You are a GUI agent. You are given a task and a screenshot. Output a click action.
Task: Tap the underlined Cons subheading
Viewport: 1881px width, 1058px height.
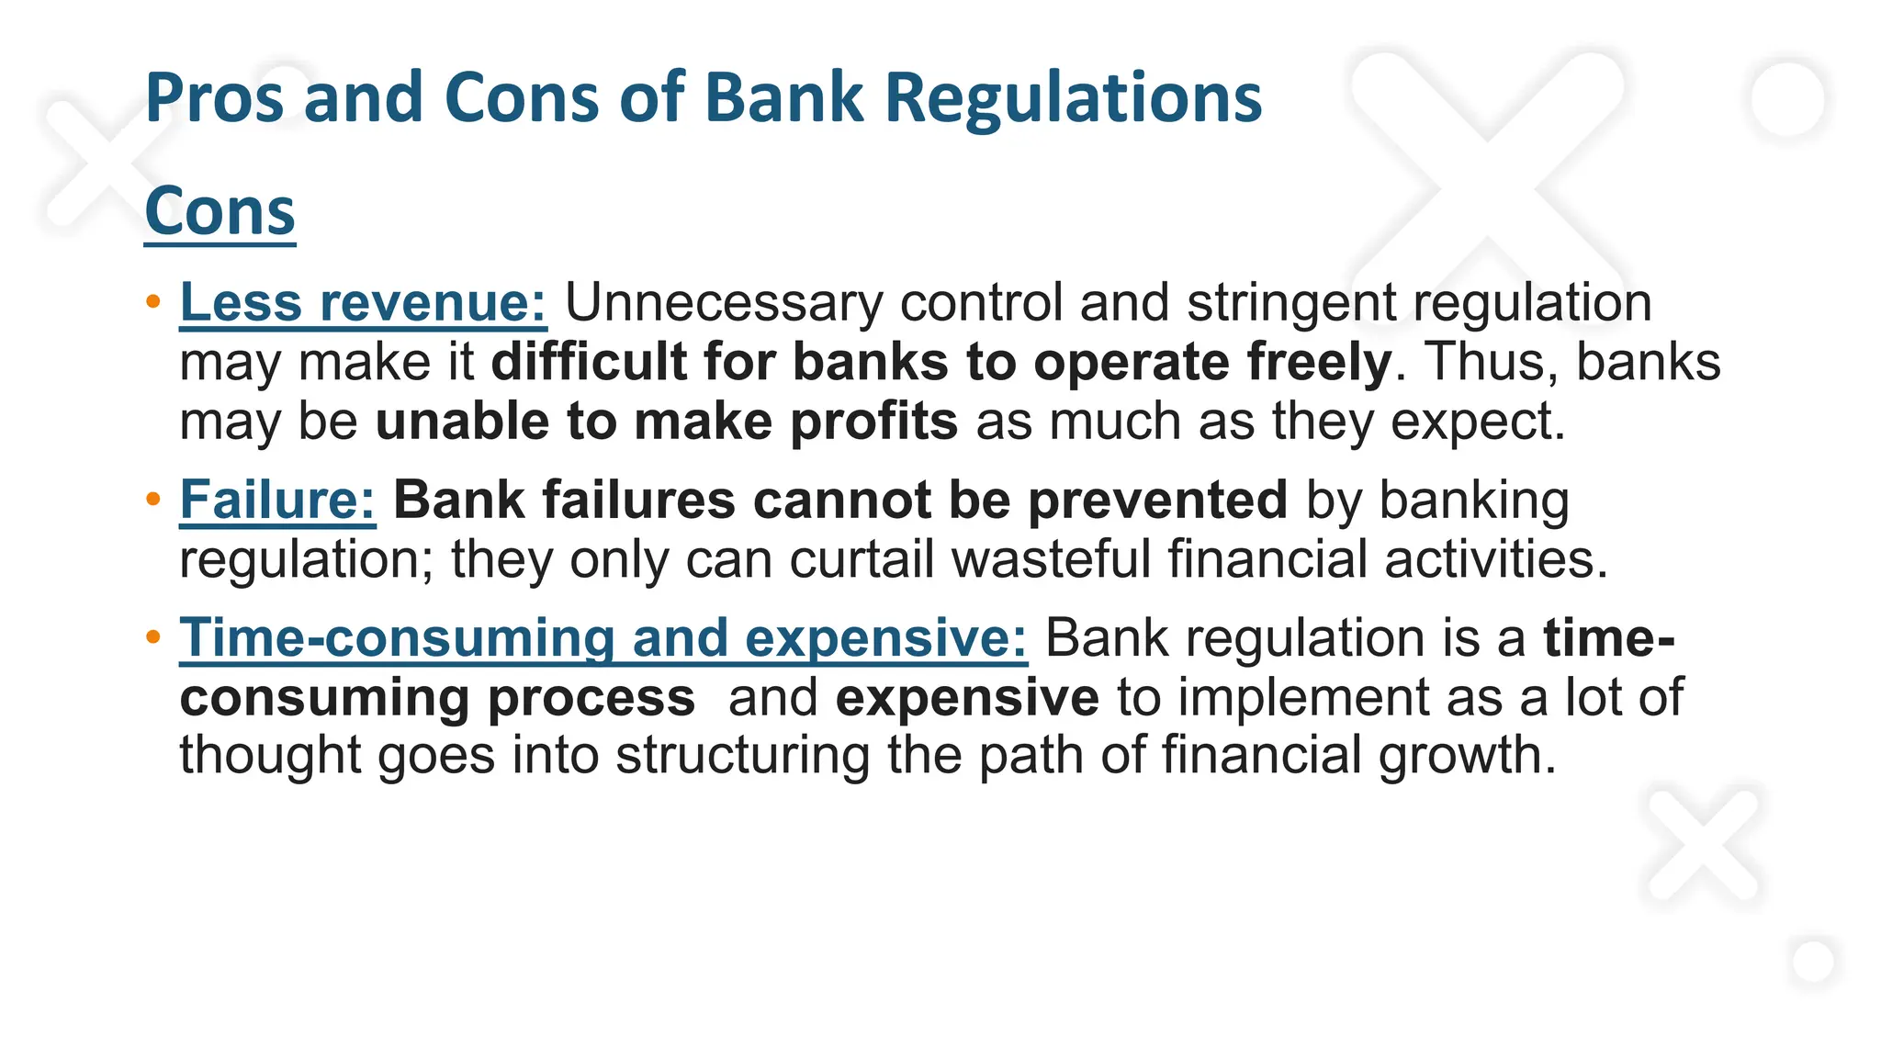pos(220,211)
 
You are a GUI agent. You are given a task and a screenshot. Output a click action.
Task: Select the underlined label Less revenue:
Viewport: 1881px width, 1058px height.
pos(363,302)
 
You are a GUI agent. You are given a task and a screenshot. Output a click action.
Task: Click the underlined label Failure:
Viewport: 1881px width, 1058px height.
pos(277,501)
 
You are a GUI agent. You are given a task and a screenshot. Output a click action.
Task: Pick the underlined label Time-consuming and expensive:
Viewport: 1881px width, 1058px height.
pos(603,637)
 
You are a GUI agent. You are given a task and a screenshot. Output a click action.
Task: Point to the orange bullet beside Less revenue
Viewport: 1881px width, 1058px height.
pos(153,301)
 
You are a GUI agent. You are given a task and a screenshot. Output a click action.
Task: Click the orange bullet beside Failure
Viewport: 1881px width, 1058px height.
pos(153,500)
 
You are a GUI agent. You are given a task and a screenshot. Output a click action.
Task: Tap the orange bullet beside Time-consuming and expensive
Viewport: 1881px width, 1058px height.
pos(153,636)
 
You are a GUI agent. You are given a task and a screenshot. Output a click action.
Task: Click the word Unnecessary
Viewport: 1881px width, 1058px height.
pos(723,302)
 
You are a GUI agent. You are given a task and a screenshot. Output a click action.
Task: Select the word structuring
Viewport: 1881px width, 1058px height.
pos(742,755)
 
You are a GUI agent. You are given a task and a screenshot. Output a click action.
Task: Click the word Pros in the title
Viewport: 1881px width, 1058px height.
pos(215,99)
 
